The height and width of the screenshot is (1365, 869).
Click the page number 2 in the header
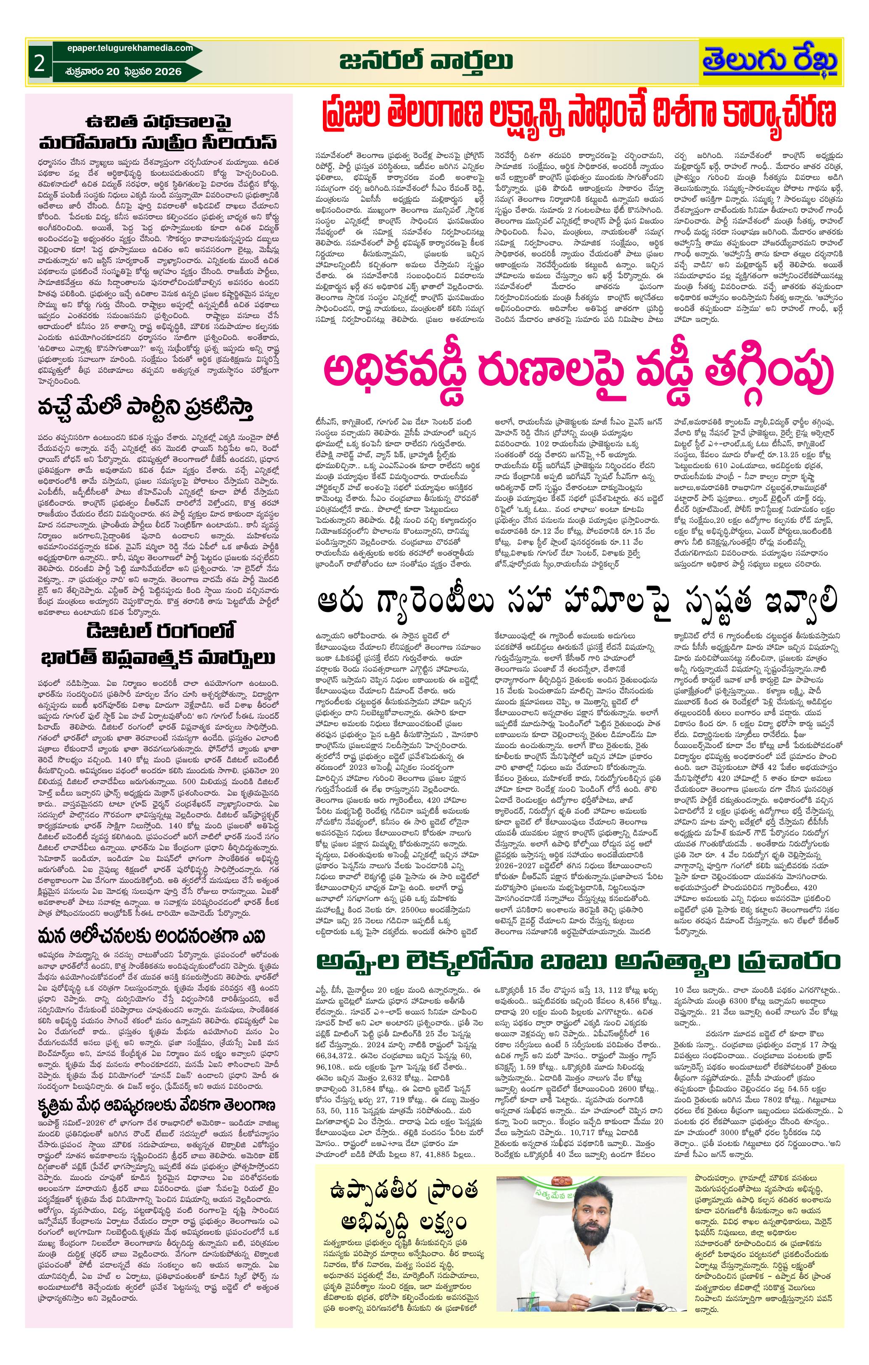[39, 63]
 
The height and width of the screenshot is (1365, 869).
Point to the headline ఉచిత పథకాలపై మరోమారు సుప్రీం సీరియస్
[159, 131]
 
